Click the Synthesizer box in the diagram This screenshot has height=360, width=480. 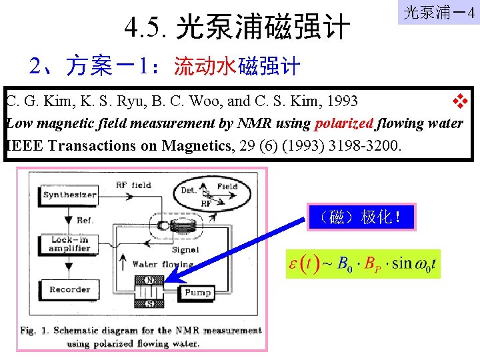(x=69, y=195)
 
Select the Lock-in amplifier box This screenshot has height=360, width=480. (x=69, y=244)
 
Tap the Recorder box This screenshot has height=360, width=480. (x=69, y=289)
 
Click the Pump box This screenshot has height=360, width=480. (x=197, y=292)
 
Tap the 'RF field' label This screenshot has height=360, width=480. (x=133, y=185)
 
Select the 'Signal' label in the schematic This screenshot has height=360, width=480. (x=185, y=250)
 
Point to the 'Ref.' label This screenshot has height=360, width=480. (x=85, y=221)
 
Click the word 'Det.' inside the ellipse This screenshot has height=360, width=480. (x=189, y=190)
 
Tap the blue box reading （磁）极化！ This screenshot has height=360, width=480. (x=361, y=217)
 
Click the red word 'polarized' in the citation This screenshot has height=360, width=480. (x=343, y=123)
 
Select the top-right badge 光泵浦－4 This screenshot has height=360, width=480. (x=438, y=13)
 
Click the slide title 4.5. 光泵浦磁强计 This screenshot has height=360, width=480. (x=237, y=28)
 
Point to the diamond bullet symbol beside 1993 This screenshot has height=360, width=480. (x=459, y=101)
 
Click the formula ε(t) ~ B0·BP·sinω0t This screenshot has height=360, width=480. (x=362, y=263)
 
